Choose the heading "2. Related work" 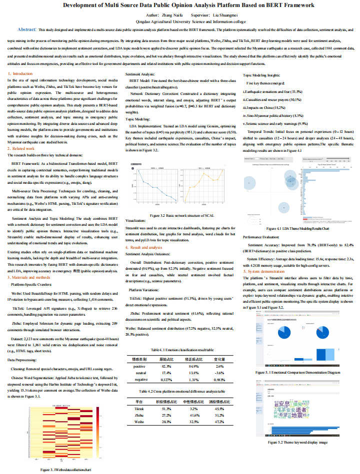(21, 148)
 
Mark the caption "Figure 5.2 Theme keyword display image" (291, 442)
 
